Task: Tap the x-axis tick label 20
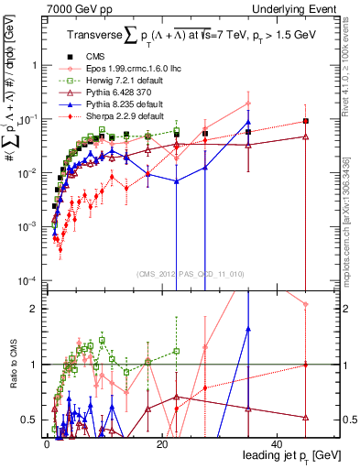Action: pos(162,442)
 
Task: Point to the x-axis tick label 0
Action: pos(47,442)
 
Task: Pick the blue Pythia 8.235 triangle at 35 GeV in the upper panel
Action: pos(248,123)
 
